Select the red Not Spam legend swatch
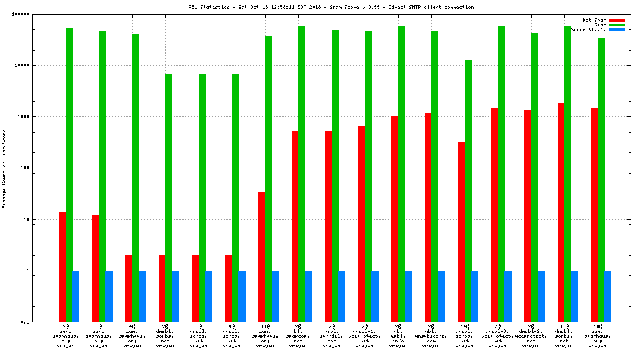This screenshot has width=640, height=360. [617, 20]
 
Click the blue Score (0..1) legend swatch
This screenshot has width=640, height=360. [617, 29]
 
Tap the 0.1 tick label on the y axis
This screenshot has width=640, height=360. [24, 322]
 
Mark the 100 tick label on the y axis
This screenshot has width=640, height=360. [23, 168]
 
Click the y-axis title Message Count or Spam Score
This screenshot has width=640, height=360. [5, 169]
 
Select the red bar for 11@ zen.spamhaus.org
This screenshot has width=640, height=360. [262, 256]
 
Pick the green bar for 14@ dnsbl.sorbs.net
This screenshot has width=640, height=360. [468, 191]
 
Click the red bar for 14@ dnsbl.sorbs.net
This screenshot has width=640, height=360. [461, 232]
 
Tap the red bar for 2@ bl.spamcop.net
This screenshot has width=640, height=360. [295, 226]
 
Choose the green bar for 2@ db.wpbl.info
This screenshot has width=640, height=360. [402, 174]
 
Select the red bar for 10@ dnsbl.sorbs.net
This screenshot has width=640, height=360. [561, 212]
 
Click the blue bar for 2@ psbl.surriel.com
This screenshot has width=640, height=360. [342, 296]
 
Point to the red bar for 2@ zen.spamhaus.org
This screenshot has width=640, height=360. [62, 266]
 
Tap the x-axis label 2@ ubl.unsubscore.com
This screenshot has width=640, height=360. [431, 335]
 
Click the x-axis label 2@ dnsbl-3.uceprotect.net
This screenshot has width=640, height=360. [498, 335]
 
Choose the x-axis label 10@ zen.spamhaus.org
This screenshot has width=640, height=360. [598, 335]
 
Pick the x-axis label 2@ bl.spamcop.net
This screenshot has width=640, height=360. [298, 335]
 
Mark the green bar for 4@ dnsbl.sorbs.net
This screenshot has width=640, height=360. [235, 198]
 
